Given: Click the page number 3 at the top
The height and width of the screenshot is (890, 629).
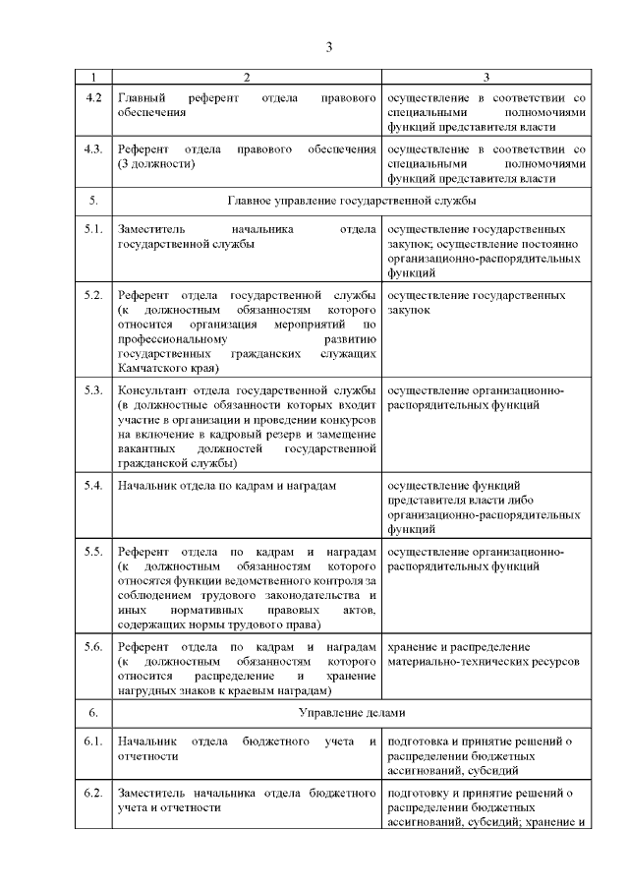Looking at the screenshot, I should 330,46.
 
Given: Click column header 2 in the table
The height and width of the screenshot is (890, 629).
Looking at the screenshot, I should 247,77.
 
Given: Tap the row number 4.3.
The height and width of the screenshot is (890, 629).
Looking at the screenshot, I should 94,148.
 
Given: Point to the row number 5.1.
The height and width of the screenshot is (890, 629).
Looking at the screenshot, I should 94,229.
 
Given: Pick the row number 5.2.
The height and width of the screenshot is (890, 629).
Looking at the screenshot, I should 94,295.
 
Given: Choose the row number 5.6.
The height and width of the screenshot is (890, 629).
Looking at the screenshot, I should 94,646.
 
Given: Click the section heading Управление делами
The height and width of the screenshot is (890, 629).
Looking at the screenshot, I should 352,710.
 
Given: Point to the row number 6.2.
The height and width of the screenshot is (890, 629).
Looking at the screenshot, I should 94,792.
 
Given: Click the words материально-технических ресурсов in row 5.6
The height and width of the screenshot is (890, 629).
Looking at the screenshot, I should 484,662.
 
